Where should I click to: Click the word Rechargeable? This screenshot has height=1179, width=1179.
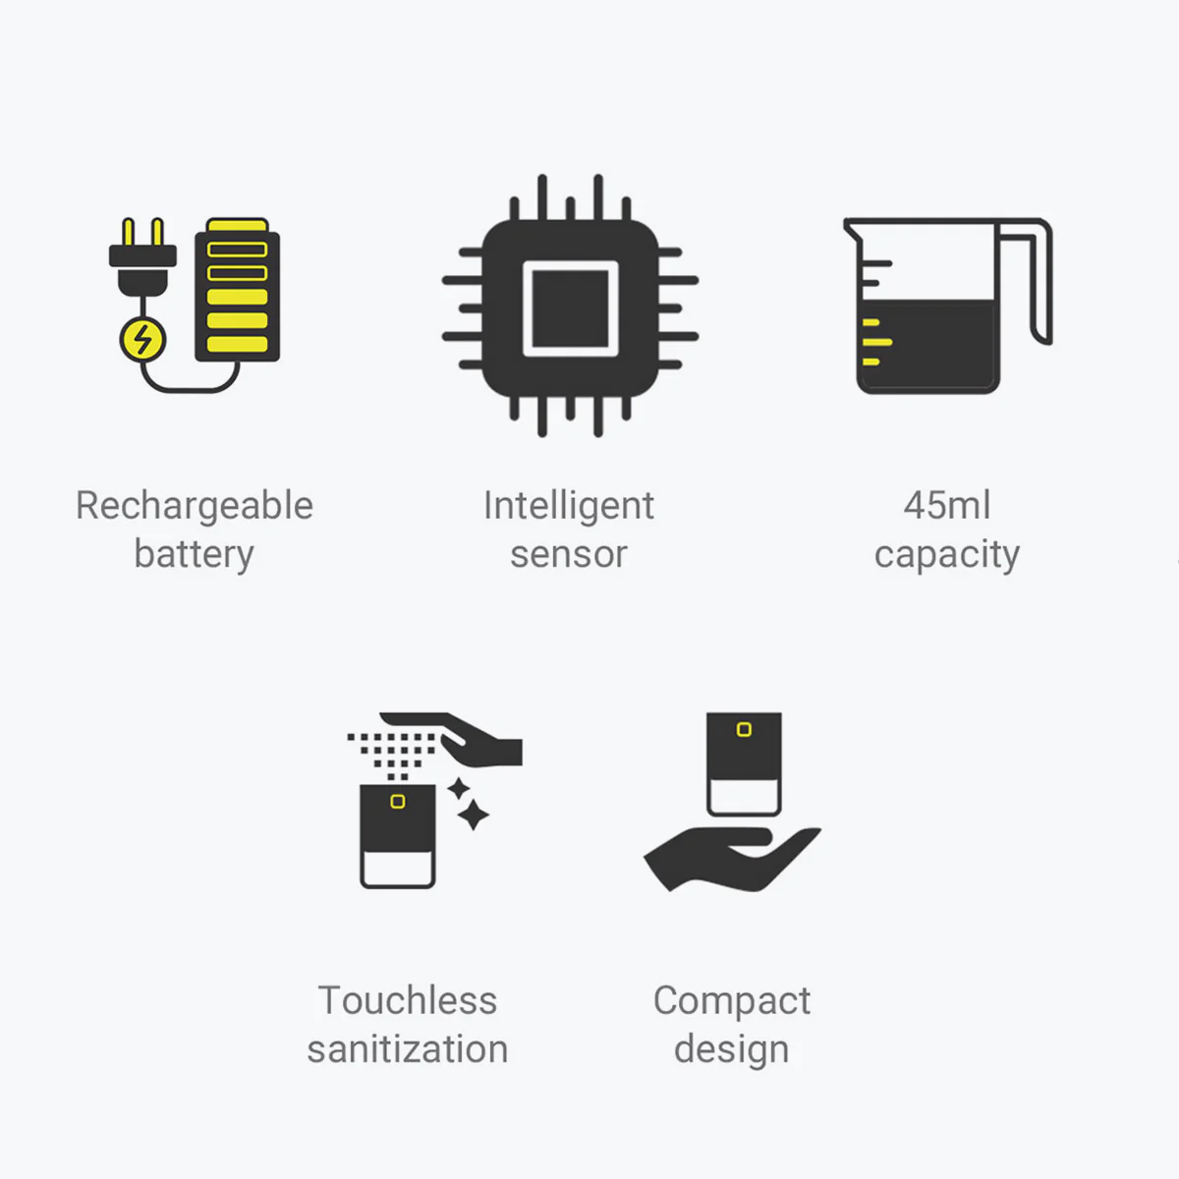point(195,506)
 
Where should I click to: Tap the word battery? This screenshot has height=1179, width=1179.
point(194,554)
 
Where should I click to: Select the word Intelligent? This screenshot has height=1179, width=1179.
point(569,506)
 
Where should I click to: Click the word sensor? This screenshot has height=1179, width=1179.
point(569,554)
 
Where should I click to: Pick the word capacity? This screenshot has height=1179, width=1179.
point(947,555)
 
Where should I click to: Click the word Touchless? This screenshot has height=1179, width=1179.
point(408,1000)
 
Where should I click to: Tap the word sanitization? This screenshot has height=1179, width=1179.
point(408,1049)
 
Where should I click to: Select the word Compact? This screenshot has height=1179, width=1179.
point(732,1001)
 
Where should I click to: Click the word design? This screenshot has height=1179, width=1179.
point(732,1050)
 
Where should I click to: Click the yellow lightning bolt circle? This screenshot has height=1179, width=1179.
point(142,340)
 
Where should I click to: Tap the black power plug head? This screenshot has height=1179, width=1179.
point(142,270)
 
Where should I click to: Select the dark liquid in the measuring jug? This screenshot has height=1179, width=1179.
point(928,345)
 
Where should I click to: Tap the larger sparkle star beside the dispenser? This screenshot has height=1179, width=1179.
point(473,814)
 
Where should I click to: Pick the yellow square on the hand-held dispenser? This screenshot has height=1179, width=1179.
point(744,729)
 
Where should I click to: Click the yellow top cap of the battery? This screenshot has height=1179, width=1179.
point(238,225)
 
